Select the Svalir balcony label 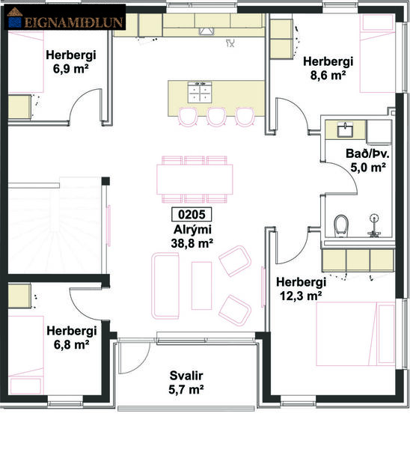tap(186, 382)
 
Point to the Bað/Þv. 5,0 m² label tap(365, 161)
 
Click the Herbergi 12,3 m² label tap(300, 288)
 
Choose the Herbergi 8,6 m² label tap(327, 68)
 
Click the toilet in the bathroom tap(341, 225)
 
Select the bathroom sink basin tap(345, 130)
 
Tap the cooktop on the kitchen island tap(200, 91)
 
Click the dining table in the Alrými tap(195, 179)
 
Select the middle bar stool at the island tap(216, 116)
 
